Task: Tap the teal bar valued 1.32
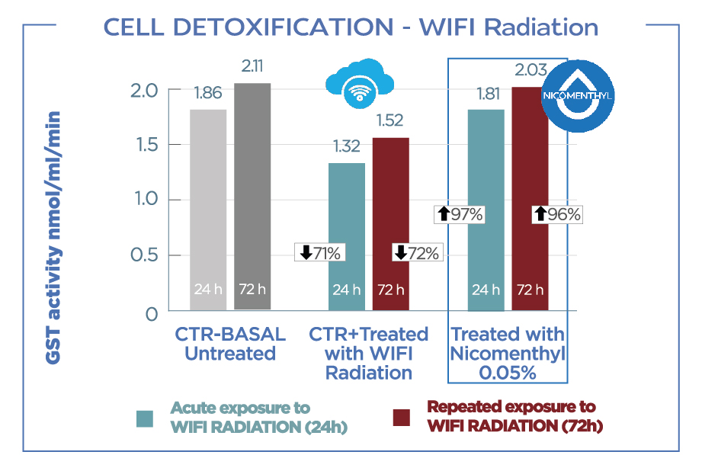pyautogui.click(x=347, y=236)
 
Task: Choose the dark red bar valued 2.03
pyautogui.click(x=530, y=198)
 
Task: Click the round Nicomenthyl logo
pyautogui.click(x=577, y=95)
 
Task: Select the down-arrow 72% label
pyautogui.click(x=416, y=253)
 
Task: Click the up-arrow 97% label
pyautogui.click(x=459, y=214)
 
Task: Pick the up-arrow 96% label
pyautogui.click(x=556, y=214)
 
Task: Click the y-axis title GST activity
pyautogui.click(x=54, y=236)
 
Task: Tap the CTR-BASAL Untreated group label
pyautogui.click(x=229, y=344)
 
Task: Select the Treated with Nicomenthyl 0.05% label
pyautogui.click(x=507, y=353)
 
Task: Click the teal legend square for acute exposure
pyautogui.click(x=144, y=418)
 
